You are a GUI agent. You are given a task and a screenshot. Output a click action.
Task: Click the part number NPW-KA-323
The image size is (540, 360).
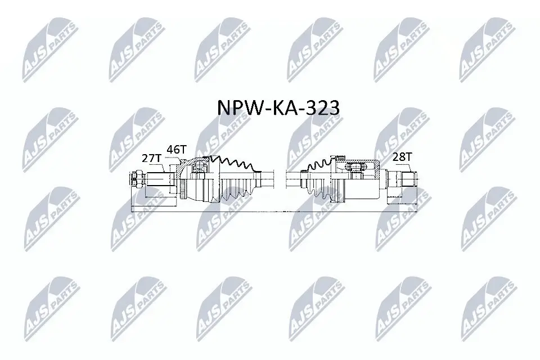click(x=278, y=107)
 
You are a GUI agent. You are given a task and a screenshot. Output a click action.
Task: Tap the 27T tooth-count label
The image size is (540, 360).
click(x=151, y=159)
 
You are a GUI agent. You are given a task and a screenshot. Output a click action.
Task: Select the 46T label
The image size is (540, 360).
click(x=175, y=150)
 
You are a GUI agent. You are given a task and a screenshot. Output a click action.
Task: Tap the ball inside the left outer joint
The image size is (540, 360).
click(x=198, y=166)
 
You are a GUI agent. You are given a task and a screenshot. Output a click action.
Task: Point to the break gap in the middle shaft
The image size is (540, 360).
click(x=280, y=180)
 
